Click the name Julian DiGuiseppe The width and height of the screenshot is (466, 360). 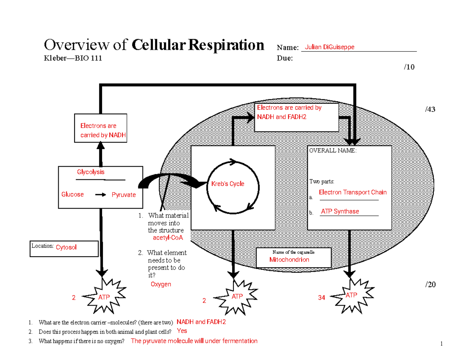coord(329,47)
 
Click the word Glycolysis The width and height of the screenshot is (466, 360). coord(90,172)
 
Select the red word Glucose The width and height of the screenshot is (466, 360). coord(73,194)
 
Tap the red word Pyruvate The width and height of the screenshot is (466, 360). coord(123,195)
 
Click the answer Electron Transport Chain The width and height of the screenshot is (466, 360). coord(353,192)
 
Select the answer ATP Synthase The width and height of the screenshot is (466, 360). coord(340,211)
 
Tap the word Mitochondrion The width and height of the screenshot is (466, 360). coord(289,259)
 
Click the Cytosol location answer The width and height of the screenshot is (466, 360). coord(66,247)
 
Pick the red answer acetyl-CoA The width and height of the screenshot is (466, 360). coord(168,238)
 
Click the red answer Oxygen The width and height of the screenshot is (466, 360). coord(161,284)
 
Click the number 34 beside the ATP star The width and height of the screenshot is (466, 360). coord(321,298)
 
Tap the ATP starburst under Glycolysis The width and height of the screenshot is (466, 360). coord(104,297)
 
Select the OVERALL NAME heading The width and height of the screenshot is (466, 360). coord(332,151)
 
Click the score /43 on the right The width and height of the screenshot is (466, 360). coord(430,110)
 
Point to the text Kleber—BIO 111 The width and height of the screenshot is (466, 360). coord(73,58)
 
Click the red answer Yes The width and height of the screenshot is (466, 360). coord(182,331)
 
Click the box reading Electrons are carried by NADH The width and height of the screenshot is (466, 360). coord(101,130)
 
